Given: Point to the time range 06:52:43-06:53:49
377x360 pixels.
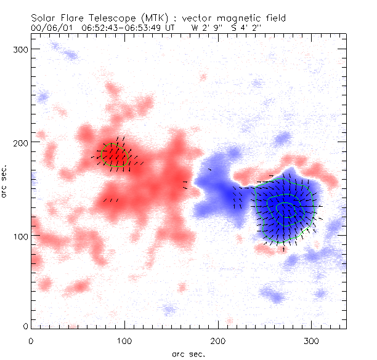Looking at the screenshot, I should [x=123, y=28].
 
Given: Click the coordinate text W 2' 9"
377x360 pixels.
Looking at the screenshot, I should [x=206, y=28].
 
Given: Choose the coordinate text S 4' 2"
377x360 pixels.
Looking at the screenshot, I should [x=249, y=28].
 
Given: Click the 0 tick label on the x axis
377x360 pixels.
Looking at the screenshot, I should [x=31, y=339].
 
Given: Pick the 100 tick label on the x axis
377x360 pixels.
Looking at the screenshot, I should [x=124, y=339].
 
